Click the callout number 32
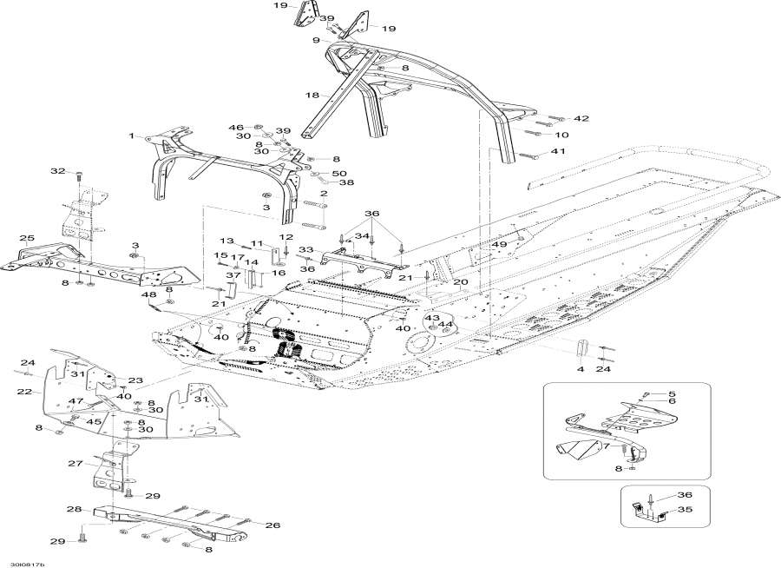[x=57, y=172]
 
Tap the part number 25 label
[x=27, y=238]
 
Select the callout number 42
[x=581, y=118]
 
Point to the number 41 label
[x=581, y=152]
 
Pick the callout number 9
[x=318, y=40]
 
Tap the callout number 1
[x=133, y=136]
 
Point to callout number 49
[x=499, y=245]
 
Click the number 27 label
[x=75, y=463]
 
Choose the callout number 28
[x=75, y=509]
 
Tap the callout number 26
[x=272, y=525]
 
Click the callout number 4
[x=580, y=369]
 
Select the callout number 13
[x=226, y=241]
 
